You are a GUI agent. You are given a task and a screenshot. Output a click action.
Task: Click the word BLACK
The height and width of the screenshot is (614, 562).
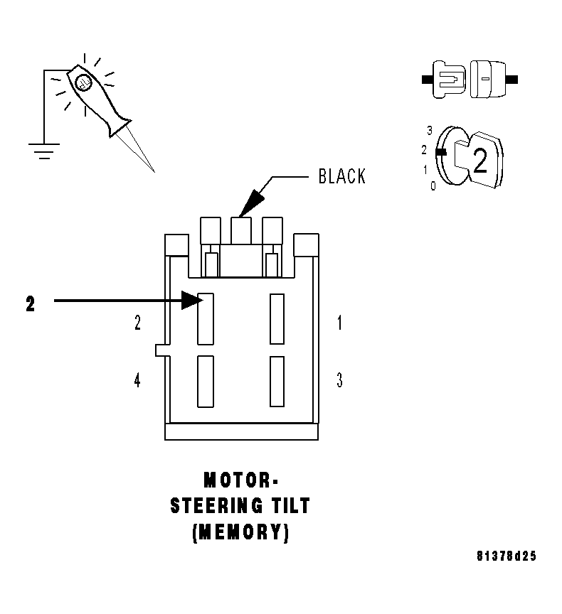(x=342, y=176)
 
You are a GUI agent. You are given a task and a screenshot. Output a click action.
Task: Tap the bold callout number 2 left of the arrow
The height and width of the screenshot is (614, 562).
(x=30, y=304)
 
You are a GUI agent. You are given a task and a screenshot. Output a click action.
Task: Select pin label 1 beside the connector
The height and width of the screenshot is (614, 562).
(x=339, y=323)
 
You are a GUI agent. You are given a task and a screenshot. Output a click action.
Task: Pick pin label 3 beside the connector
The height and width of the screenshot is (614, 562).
(x=339, y=381)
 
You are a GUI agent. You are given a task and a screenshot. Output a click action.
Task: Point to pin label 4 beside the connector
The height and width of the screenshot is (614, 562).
(x=137, y=381)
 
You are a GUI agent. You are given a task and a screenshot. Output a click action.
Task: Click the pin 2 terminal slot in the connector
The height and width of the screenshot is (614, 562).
(x=206, y=318)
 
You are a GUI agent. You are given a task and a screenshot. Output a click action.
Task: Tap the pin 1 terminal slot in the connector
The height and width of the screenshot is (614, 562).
(x=277, y=318)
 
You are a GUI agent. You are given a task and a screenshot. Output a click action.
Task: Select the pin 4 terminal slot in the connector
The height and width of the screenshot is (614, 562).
(x=206, y=381)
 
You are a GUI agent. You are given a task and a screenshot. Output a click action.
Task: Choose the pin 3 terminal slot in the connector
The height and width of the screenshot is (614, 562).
(x=277, y=381)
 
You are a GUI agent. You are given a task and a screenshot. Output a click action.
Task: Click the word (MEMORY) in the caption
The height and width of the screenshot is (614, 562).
(x=240, y=532)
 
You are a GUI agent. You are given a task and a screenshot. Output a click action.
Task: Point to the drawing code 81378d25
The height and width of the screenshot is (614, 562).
(x=507, y=556)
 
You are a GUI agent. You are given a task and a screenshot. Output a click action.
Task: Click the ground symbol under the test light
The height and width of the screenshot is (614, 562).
(x=44, y=150)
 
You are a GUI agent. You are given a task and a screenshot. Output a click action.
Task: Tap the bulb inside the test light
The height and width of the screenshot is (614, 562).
(x=83, y=83)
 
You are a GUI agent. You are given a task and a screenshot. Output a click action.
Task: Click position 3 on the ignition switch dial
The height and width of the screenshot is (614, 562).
(x=430, y=130)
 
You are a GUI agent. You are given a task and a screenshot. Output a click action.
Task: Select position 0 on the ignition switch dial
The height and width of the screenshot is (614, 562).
(x=433, y=186)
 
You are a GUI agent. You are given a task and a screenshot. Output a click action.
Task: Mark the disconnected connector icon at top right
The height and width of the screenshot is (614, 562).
(x=469, y=77)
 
